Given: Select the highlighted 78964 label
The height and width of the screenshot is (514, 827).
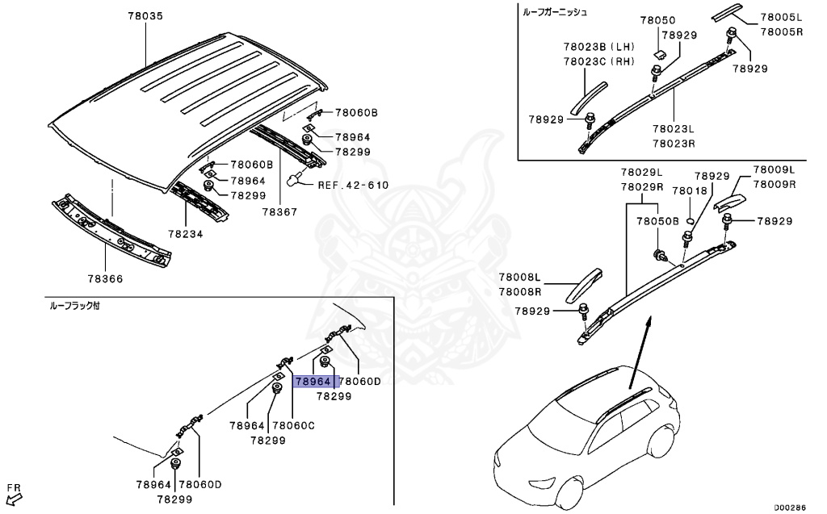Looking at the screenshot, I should tap(313, 382).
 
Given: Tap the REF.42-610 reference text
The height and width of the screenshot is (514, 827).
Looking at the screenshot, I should tap(353, 185).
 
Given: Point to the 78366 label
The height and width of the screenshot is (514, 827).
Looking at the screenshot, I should tap(106, 279).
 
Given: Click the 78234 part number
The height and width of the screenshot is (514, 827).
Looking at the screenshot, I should tap(186, 234).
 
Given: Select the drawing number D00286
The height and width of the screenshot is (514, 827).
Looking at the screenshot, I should tap(791, 507).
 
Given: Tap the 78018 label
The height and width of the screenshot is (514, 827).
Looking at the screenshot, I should tap(691, 190).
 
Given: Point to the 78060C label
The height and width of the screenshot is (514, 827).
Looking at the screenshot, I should tap(293, 425).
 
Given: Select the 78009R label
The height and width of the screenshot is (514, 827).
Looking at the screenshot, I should tap(775, 184).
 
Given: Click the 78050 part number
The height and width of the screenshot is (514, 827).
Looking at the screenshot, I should tap(658, 20).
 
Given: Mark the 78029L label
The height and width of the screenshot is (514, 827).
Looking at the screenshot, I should tap(641, 173).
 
